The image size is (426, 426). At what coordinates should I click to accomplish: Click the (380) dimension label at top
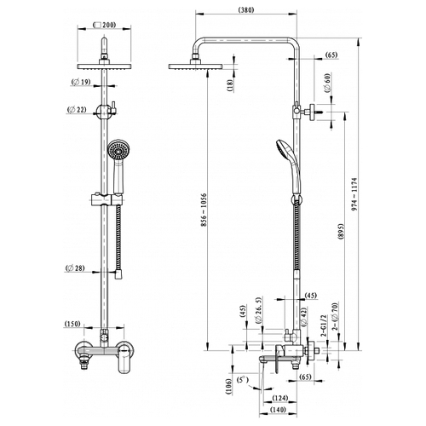click(x=246, y=10)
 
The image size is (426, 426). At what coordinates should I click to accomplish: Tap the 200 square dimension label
click(x=104, y=25)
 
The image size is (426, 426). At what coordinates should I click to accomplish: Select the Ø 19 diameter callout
click(x=81, y=83)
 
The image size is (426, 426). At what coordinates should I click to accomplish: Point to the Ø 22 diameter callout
click(x=77, y=109)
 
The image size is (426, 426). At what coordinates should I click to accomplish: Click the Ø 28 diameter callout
click(x=75, y=268)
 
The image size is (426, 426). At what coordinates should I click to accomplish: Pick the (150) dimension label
click(x=72, y=324)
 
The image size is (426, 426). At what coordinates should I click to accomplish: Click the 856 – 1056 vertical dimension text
click(x=204, y=210)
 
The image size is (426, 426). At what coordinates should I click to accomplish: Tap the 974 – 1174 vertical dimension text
click(x=354, y=194)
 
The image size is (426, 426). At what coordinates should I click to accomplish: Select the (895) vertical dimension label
click(x=341, y=232)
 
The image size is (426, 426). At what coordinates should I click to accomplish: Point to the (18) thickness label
click(x=230, y=85)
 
